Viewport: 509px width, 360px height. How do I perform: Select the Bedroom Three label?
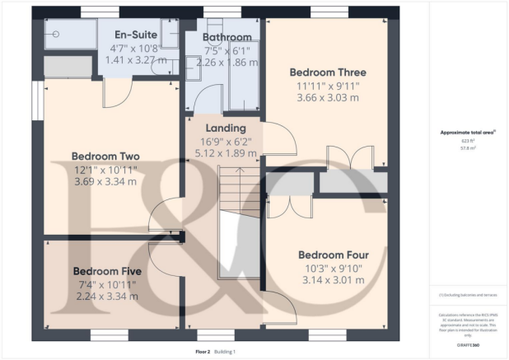pyautogui.click(x=328, y=72)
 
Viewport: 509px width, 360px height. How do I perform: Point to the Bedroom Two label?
pyautogui.click(x=105, y=157)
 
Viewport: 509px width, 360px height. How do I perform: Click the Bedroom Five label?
pyautogui.click(x=107, y=271)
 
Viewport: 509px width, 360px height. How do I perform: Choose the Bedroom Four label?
pyautogui.click(x=333, y=255)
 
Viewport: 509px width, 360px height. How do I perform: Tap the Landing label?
pyautogui.click(x=226, y=129)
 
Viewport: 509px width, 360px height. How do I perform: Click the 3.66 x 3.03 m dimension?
pyautogui.click(x=328, y=97)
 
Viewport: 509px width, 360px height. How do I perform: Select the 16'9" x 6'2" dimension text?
pyautogui.click(x=226, y=141)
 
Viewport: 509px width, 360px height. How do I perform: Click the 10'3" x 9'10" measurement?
pyautogui.click(x=333, y=268)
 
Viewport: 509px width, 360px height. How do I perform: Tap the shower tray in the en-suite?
pyautogui.click(x=69, y=34)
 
